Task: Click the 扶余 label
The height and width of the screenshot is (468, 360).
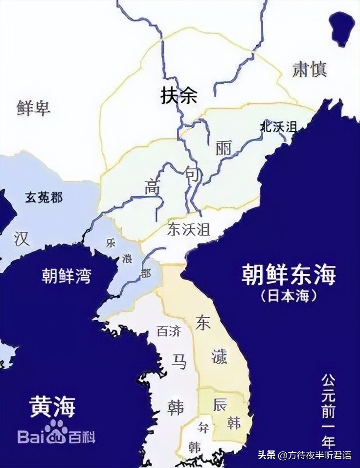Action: [179, 96]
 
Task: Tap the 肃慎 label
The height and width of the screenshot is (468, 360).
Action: [309, 70]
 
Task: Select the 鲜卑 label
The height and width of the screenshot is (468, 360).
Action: [33, 108]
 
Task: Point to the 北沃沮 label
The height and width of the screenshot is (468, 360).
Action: [278, 127]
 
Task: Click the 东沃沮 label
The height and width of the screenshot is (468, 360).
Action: [188, 230]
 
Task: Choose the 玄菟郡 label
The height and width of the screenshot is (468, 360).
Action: [44, 198]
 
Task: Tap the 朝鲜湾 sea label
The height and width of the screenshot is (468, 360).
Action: [66, 276]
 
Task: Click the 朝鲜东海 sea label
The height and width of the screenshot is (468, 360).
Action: [289, 275]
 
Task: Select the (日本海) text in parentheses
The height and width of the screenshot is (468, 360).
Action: [289, 296]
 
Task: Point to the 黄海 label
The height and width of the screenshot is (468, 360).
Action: [52, 406]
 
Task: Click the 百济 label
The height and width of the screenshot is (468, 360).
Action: [169, 331]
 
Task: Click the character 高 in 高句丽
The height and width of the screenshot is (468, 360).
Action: [152, 187]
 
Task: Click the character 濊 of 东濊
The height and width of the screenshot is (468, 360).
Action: [220, 357]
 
